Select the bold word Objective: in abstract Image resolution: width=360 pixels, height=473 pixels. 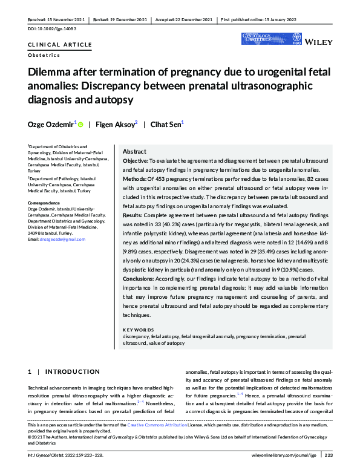136,161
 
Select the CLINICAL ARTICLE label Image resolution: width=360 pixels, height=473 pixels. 60,45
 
